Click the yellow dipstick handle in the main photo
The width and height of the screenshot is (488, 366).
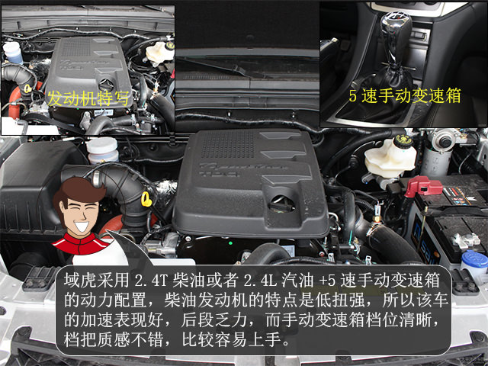(x=146, y=199)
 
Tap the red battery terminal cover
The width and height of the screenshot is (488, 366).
(x=423, y=185)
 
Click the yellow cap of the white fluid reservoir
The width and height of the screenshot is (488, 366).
(x=403, y=142)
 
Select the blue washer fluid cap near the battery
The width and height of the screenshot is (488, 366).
(x=475, y=259)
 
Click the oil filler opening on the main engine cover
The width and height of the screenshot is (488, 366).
(x=281, y=204)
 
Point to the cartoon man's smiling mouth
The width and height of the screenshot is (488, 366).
(x=82, y=226)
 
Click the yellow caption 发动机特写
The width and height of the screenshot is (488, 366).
(x=88, y=98)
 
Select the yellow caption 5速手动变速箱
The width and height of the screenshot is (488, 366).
(x=405, y=95)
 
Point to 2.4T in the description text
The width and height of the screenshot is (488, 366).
(x=152, y=281)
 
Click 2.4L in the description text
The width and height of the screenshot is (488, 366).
(x=260, y=281)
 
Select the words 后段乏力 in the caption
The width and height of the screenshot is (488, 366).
(x=214, y=319)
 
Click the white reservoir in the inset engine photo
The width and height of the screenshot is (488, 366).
(x=159, y=53)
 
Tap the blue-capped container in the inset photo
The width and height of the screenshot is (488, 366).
(x=12, y=53)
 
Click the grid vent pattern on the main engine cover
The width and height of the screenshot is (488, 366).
(x=228, y=144)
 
